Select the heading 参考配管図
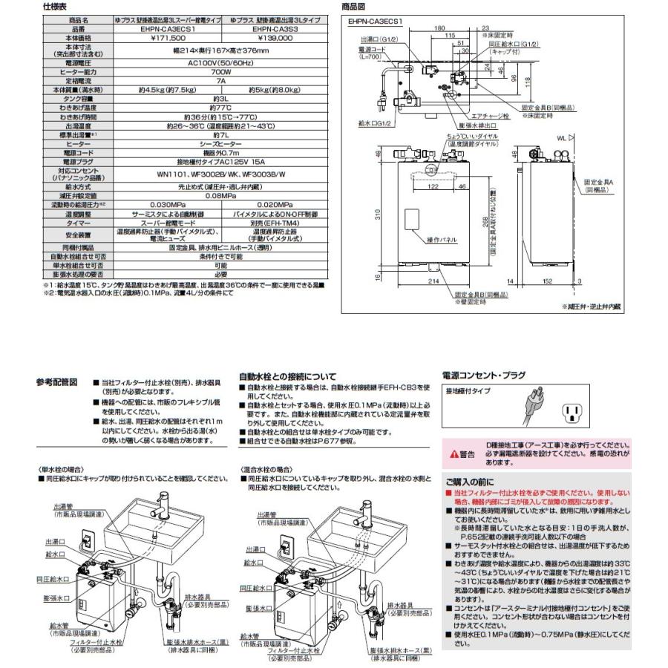pyautogui.click(x=56, y=382)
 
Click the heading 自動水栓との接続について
pyautogui.click(x=287, y=377)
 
